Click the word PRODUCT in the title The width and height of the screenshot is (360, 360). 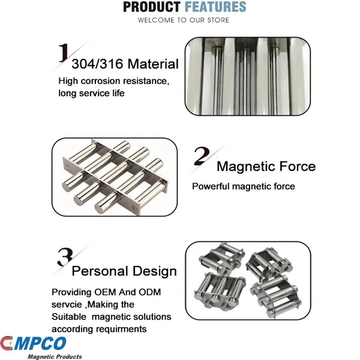(x=151, y=7)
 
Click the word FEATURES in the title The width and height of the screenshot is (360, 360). (x=215, y=7)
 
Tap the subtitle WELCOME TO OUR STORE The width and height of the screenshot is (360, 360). (x=183, y=20)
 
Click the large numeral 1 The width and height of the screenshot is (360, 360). (x=63, y=55)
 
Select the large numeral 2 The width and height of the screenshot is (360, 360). (x=201, y=157)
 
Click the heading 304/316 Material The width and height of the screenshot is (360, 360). (x=125, y=64)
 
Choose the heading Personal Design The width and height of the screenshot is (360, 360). (x=124, y=271)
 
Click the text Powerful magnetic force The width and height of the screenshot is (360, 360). (x=244, y=187)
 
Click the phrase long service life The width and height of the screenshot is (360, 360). (x=91, y=93)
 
